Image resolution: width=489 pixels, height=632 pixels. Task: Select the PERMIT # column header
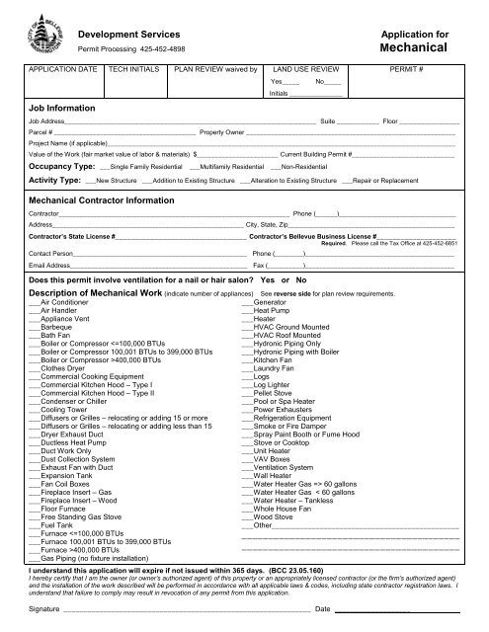tap(413, 71)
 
